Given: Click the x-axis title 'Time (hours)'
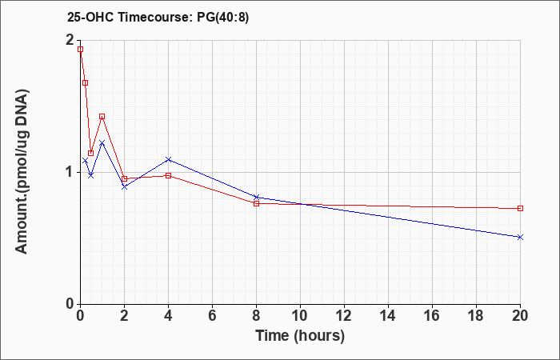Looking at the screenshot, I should pyautogui.click(x=300, y=335).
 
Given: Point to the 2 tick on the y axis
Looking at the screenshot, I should pyautogui.click(x=70, y=41).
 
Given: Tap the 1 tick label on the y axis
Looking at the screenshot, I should pyautogui.click(x=70, y=172).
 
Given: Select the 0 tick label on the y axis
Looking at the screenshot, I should pyautogui.click(x=70, y=304).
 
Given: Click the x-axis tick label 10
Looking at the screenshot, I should pyautogui.click(x=300, y=316).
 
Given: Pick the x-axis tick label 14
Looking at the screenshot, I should pyautogui.click(x=388, y=316).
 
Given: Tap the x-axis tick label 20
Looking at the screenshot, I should pyautogui.click(x=520, y=316).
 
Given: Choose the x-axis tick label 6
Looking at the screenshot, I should pyautogui.click(x=212, y=316).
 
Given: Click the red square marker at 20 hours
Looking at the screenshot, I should pyautogui.click(x=520, y=208).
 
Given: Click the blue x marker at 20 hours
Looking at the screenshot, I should pyautogui.click(x=520, y=237).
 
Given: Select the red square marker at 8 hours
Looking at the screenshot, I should pyautogui.click(x=256, y=203).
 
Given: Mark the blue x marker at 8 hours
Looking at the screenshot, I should pyautogui.click(x=256, y=197).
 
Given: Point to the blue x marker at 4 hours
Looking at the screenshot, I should pyautogui.click(x=168, y=159).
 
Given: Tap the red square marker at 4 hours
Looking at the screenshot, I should pyautogui.click(x=168, y=175).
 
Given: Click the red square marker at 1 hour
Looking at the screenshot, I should pyautogui.click(x=102, y=116).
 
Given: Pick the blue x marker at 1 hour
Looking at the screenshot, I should pyautogui.click(x=102, y=142).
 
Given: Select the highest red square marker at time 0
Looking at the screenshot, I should pyautogui.click(x=80, y=50).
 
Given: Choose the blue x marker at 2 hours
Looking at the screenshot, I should pyautogui.click(x=124, y=186).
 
